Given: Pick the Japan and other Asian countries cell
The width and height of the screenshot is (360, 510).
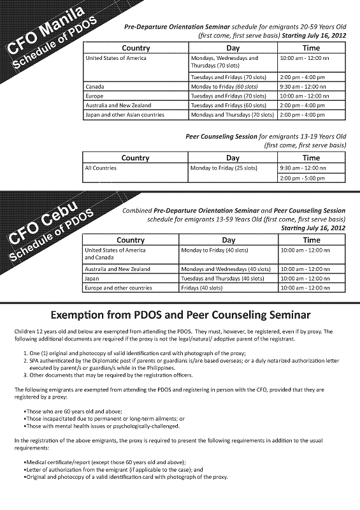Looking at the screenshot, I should [x=125, y=115].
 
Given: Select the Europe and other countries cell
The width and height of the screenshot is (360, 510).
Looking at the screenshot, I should [x=119, y=288].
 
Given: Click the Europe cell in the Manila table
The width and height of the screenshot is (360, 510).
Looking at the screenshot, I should [x=95, y=95].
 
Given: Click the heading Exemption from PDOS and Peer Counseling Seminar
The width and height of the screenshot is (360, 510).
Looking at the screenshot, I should [x=180, y=315].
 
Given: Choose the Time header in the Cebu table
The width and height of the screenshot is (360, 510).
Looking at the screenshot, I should [x=312, y=240].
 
